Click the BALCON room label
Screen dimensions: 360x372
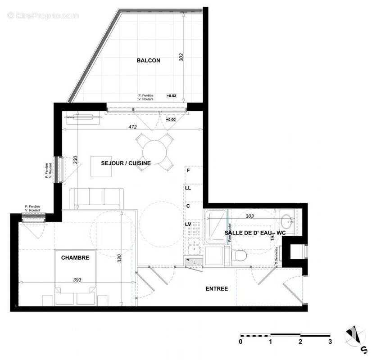click(x=148, y=60)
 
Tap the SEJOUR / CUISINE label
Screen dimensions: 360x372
click(x=126, y=163)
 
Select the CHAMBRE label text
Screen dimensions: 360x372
click(x=75, y=258)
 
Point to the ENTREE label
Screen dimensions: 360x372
click(x=217, y=288)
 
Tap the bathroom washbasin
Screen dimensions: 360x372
click(x=287, y=221)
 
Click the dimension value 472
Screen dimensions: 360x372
click(x=132, y=127)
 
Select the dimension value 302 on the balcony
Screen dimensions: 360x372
click(x=181, y=58)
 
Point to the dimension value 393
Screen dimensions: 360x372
click(x=78, y=279)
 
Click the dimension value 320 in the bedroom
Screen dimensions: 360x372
click(x=119, y=258)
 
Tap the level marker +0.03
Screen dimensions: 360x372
click(x=172, y=95)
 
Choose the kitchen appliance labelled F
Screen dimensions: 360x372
click(x=188, y=171)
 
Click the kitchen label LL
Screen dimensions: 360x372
click(x=188, y=188)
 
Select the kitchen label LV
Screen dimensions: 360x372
click(x=188, y=224)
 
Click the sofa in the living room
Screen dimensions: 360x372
click(x=97, y=198)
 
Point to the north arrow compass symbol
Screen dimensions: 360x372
click(x=356, y=336)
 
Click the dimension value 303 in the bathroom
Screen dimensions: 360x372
click(x=250, y=216)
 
